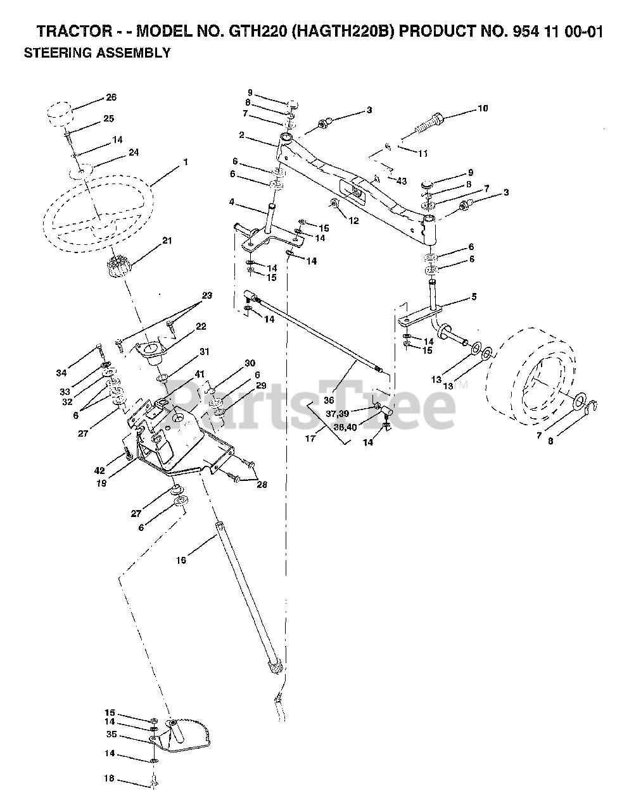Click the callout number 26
click(111, 97)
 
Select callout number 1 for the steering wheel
click(186, 162)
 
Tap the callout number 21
click(167, 240)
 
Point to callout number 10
click(483, 108)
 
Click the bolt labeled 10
click(431, 123)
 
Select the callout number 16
click(182, 560)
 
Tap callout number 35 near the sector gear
click(112, 735)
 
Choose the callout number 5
click(492, 296)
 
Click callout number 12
click(353, 220)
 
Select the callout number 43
click(402, 181)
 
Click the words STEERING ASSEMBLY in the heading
click(97, 53)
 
